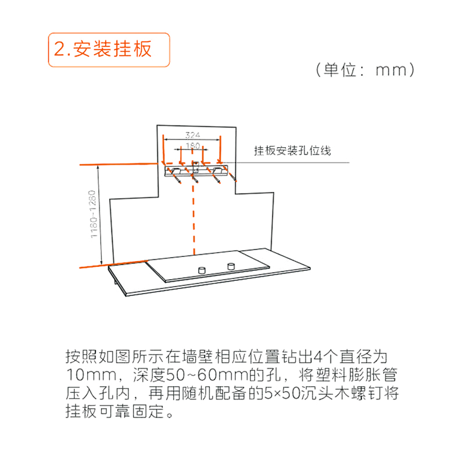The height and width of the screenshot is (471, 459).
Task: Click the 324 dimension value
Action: (192, 135)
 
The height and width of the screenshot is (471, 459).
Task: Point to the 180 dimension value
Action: (193, 146)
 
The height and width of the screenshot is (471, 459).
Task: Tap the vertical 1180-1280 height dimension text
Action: (94, 214)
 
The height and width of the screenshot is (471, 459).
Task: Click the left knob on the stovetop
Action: (202, 270)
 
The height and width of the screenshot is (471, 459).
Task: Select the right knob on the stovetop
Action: (231, 266)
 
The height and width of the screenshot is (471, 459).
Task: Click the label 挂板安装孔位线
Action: (292, 151)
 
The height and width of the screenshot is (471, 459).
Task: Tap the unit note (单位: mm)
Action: (365, 70)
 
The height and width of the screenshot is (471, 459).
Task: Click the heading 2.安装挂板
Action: (103, 49)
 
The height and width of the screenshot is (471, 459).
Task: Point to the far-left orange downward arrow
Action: (163, 150)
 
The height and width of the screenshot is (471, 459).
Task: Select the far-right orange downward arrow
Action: (220, 149)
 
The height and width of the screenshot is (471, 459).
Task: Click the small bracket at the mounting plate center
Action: (195, 167)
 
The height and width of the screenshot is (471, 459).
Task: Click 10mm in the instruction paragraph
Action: (91, 375)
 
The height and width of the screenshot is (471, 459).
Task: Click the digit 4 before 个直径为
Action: (318, 356)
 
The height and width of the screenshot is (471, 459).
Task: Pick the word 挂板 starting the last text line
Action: (81, 411)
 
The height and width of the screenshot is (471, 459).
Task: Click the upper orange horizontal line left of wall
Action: (119, 165)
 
